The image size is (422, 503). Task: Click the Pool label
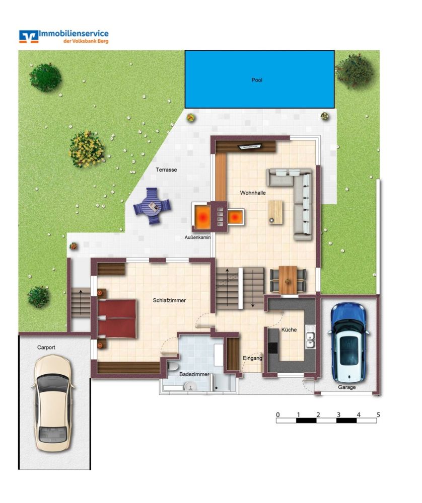[257, 80]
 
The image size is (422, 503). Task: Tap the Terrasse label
[166, 170]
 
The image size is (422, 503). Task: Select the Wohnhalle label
[253, 193]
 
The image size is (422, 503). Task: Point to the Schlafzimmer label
[169, 300]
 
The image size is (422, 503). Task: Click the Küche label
[290, 330]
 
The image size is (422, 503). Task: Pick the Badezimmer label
[194, 375]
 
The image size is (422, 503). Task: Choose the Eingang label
[253, 359]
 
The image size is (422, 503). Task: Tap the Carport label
[46, 348]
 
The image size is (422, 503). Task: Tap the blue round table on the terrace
[152, 206]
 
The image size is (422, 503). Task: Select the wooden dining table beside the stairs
[288, 279]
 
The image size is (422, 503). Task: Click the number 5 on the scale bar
[378, 414]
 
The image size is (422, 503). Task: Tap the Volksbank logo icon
[29, 36]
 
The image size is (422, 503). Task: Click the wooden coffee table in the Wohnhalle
[275, 211]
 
